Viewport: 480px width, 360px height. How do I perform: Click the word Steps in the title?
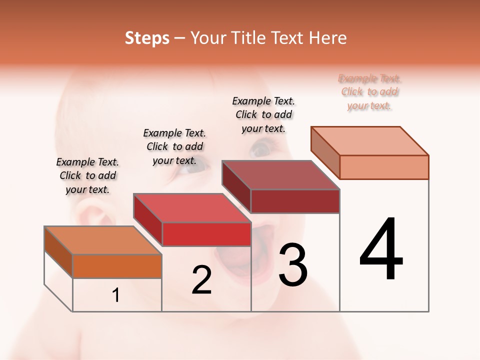click(x=147, y=38)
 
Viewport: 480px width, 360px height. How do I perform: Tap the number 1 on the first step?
click(x=116, y=295)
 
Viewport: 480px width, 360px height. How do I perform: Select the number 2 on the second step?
click(x=201, y=280)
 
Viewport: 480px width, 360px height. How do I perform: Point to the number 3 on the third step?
click(x=293, y=265)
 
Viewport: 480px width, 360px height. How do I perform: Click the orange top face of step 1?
click(x=103, y=240)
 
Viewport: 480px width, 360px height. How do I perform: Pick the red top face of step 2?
click(x=192, y=207)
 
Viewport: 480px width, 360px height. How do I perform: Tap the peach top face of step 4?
click(x=370, y=141)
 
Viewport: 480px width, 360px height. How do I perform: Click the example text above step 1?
click(x=87, y=175)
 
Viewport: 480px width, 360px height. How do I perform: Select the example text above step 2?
click(x=174, y=146)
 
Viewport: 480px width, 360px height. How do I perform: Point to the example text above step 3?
click(x=263, y=114)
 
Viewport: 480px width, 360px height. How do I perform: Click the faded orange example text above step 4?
click(x=369, y=91)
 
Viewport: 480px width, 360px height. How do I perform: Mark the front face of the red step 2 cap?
click(x=206, y=234)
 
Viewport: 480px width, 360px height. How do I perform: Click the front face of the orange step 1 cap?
click(x=117, y=266)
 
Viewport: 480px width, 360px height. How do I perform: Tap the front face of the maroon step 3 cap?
click(x=295, y=201)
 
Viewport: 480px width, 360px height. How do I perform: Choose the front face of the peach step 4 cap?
click(x=384, y=167)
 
